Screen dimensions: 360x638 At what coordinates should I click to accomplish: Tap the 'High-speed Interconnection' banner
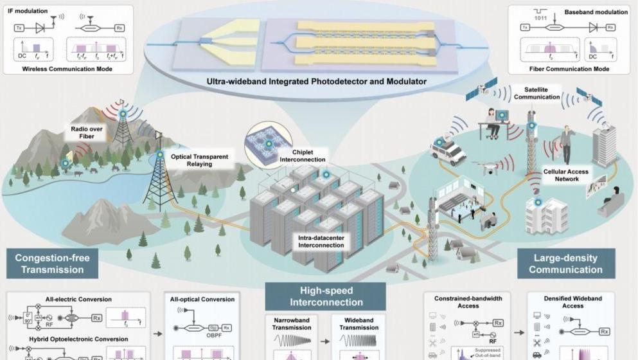coord(326,296)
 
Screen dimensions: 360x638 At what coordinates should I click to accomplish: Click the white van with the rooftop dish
coord(447,151)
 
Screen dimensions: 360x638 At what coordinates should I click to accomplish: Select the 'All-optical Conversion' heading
coord(202,299)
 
